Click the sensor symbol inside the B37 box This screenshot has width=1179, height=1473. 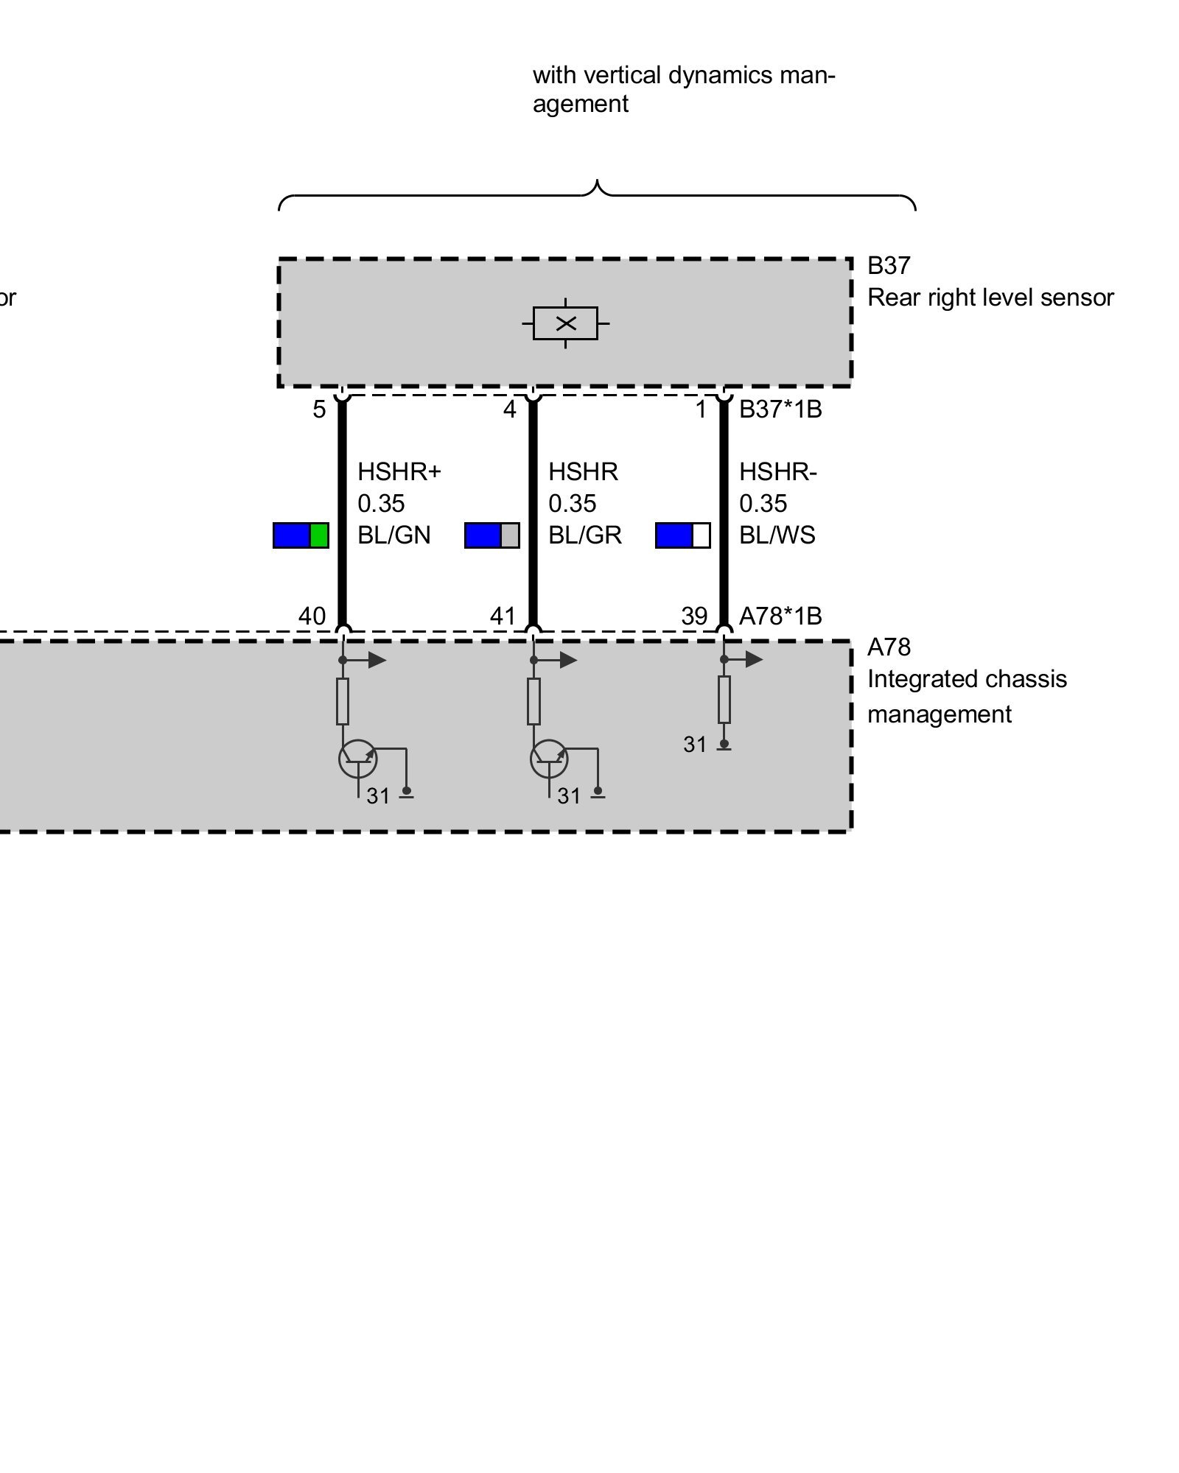pos(565,323)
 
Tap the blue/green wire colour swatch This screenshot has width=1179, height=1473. pos(301,535)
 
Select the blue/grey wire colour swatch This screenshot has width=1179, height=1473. pos(491,535)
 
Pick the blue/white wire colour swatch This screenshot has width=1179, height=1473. pos(682,535)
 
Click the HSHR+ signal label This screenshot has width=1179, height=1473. pos(399,471)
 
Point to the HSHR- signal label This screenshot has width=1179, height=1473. pos(778,471)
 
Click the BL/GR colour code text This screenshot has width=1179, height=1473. pos(585,535)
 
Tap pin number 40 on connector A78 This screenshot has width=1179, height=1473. pos(312,616)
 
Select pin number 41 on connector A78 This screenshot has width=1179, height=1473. pos(503,616)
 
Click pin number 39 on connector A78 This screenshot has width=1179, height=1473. pos(694,616)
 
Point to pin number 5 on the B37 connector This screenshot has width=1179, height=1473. pos(319,409)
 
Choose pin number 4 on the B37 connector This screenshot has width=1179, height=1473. pos(509,409)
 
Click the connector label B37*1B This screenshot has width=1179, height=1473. pos(780,409)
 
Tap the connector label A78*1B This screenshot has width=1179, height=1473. pos(780,616)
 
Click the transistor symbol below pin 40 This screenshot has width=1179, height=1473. pos(358,759)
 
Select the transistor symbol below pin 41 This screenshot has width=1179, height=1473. pos(549,759)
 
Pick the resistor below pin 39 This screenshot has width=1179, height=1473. pos(724,700)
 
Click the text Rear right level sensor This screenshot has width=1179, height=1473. pos(990,298)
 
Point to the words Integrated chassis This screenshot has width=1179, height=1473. pos(966,679)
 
